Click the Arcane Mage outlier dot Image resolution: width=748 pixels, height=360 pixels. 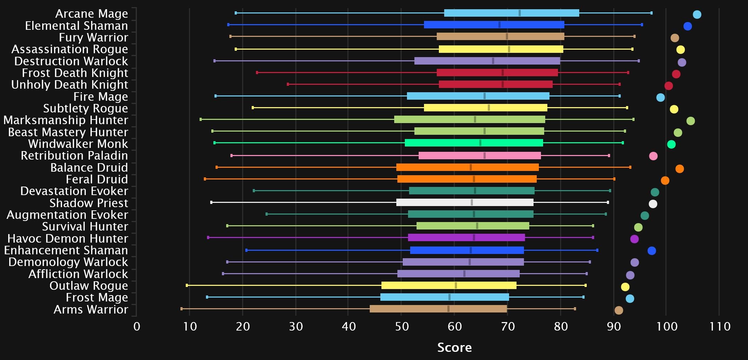(x=697, y=15)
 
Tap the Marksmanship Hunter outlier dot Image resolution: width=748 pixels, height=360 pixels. (x=690, y=121)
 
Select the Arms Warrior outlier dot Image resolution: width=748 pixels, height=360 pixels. (x=618, y=310)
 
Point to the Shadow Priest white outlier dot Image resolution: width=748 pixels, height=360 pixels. (x=653, y=204)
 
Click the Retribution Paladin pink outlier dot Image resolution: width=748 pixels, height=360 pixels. (x=653, y=156)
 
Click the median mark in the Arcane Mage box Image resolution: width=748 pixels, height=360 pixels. (x=519, y=13)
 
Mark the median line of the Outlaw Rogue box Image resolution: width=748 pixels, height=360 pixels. (x=456, y=286)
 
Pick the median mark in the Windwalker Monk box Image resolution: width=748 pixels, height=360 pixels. (x=480, y=143)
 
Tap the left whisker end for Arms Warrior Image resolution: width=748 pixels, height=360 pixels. (x=182, y=309)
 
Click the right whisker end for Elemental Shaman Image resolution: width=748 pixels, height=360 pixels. (x=642, y=25)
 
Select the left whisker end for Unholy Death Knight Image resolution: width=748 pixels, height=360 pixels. (x=288, y=84)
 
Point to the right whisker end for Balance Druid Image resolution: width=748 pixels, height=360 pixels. (x=630, y=167)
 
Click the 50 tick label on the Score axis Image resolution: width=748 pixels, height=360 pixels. (x=402, y=327)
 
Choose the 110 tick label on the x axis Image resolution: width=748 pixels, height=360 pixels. (x=720, y=327)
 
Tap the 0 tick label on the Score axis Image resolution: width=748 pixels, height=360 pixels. (x=137, y=327)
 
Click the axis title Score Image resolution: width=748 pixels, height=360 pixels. (x=454, y=348)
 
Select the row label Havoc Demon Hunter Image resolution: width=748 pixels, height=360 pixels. (x=68, y=238)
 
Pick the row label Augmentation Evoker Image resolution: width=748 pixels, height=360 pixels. (x=67, y=215)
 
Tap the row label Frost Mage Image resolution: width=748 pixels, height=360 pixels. (x=97, y=297)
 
